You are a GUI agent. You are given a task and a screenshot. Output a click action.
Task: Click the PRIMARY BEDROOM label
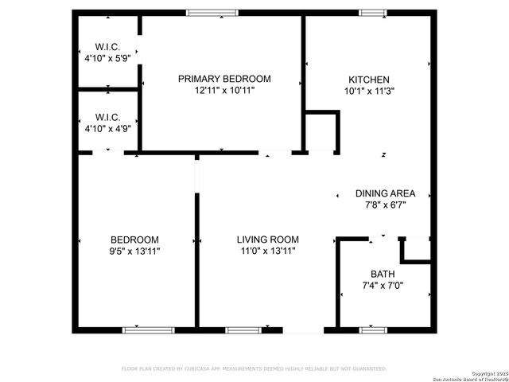pos(224,79)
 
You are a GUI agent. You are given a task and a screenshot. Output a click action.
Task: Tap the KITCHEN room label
pos(369,80)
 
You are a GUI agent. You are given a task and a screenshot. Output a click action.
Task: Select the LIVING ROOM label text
pos(267,240)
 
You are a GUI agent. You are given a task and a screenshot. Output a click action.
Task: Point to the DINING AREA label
pos(385,193)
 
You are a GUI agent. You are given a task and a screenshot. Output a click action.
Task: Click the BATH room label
pos(383,274)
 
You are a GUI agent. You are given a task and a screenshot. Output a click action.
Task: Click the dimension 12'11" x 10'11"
pos(224,91)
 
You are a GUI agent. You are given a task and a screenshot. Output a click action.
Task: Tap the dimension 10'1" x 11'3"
pos(369,91)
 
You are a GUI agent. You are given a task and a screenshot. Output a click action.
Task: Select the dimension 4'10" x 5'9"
pos(107,58)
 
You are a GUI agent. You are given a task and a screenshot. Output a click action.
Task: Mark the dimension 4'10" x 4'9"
pos(107,127)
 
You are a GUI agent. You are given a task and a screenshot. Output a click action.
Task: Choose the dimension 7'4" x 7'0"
pos(383,285)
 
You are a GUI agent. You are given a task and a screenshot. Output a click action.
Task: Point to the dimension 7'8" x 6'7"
pos(385,205)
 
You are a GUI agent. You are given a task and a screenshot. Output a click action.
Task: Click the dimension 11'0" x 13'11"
pos(267,251)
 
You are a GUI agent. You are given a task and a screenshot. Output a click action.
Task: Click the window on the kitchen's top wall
pos(372,13)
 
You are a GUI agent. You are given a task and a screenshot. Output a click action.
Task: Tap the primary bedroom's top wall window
pos(212,13)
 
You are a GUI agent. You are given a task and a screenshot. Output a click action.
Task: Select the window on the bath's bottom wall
pos(372,329)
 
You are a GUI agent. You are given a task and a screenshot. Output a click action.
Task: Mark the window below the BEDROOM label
pos(148,329)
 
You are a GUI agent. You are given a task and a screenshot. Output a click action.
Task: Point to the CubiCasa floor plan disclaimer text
pos(254,368)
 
